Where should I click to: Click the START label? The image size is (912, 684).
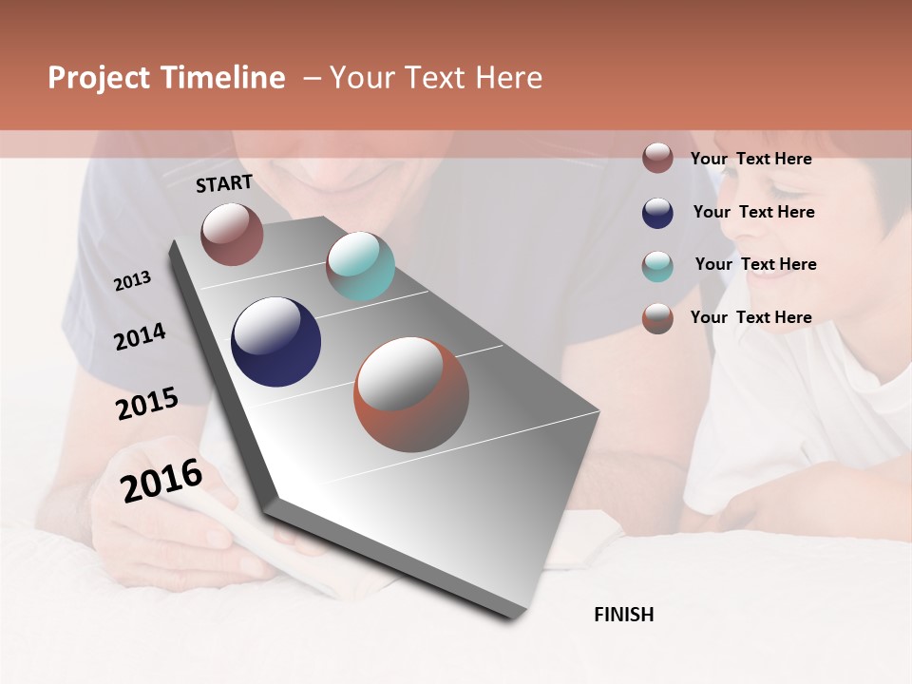coord(224,183)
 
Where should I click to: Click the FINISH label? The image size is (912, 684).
coord(624,615)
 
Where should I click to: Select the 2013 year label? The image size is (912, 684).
coord(132,281)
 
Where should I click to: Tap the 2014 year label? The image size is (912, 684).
coord(140,336)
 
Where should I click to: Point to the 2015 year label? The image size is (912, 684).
coord(147,404)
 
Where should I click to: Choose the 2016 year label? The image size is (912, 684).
coord(161,481)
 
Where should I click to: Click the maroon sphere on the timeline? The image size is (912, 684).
coord(232,234)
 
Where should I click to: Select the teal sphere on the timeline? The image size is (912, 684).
coord(360,266)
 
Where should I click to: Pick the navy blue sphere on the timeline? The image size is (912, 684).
coord(275,342)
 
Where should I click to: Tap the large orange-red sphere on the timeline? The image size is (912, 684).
coord(411,394)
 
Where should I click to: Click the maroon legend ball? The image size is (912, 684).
coord(657,158)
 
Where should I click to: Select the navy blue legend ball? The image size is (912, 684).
coord(657,213)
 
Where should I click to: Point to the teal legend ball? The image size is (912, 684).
coord(657,266)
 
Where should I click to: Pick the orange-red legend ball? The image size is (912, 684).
coord(657,318)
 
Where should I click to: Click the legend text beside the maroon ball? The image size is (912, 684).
coord(750,159)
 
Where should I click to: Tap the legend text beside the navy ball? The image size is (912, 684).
coord(753,212)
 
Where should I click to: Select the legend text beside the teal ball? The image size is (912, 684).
coord(755,264)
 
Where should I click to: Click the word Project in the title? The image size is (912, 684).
coord(99,78)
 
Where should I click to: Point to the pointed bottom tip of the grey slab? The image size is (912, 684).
coord(514,617)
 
